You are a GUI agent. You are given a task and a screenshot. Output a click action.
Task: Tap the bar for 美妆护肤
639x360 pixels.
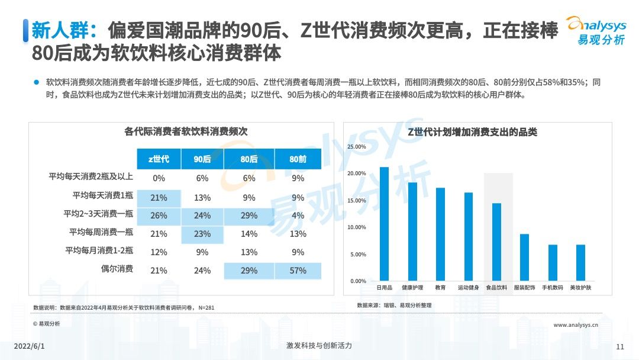[x=580, y=262]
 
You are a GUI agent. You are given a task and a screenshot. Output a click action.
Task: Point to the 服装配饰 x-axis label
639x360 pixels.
[x=524, y=288]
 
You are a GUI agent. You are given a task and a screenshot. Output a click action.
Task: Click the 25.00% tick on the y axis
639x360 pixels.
[x=356, y=146]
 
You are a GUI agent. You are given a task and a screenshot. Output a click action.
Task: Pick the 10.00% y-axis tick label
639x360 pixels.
[x=356, y=227]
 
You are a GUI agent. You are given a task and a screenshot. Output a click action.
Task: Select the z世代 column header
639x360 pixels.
[x=159, y=159]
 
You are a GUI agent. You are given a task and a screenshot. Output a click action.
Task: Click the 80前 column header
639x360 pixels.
[x=298, y=159]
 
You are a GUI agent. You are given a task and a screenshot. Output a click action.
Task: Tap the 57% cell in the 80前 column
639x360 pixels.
[x=298, y=271]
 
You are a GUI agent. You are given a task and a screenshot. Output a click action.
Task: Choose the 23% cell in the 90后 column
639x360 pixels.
[x=202, y=234]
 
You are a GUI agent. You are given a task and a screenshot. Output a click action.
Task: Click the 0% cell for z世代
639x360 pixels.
[x=159, y=178]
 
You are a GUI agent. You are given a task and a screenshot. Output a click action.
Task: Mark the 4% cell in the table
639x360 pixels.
[x=298, y=216]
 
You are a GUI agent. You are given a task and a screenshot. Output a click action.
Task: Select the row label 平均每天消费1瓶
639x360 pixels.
[x=103, y=195]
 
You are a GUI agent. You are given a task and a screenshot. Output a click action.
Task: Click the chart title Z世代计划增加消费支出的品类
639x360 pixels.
[x=472, y=132]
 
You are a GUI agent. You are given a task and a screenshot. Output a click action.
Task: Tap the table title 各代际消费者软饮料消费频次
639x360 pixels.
[x=186, y=132]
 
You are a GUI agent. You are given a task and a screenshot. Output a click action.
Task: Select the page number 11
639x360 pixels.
[x=620, y=346]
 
